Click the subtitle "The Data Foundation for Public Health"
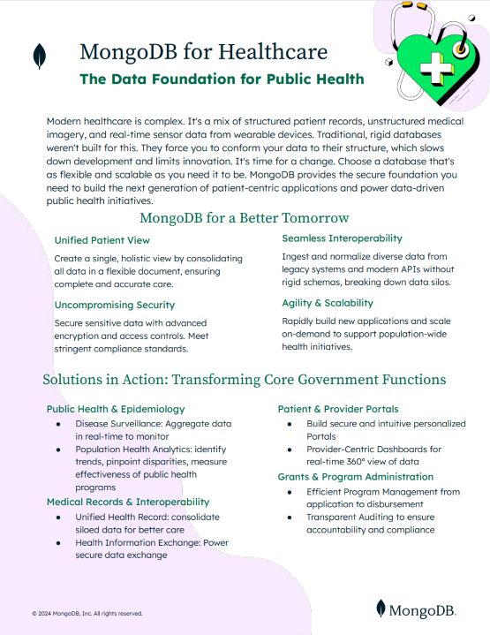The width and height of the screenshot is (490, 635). [x=222, y=79]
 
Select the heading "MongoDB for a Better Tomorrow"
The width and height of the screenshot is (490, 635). [x=245, y=218]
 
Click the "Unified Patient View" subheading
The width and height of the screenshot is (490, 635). [x=102, y=240]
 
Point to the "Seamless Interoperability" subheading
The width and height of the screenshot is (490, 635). [x=342, y=238]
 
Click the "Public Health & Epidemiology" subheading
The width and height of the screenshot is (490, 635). [x=116, y=409]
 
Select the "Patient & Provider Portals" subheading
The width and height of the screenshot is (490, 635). [x=338, y=409]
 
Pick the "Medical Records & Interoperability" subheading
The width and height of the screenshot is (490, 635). [x=128, y=502]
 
